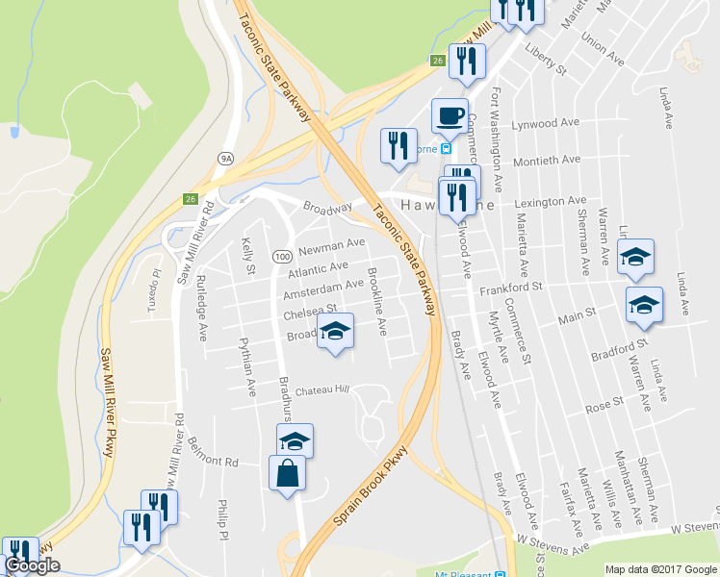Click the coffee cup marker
[450, 116]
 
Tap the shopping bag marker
[288, 474]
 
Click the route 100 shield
[282, 257]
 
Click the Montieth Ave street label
[547, 161]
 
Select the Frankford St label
[511, 287]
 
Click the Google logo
[32, 565]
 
